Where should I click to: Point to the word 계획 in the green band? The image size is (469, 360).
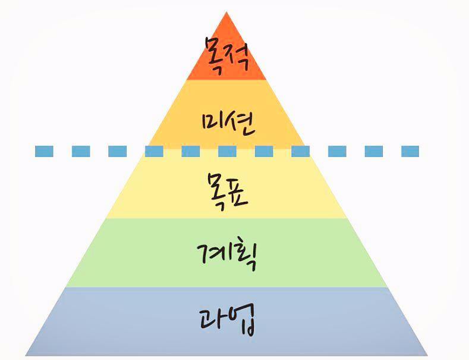pyautogui.click(x=228, y=255)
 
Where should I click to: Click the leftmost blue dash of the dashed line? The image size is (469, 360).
pyautogui.click(x=44, y=151)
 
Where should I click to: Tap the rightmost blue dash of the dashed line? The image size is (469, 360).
pyautogui.click(x=410, y=151)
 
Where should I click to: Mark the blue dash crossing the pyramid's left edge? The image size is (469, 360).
pyautogui.click(x=154, y=151)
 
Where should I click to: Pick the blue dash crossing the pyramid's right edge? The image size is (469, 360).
pyautogui.click(x=300, y=151)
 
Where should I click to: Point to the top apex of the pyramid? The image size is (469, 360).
pyautogui.click(x=226, y=12)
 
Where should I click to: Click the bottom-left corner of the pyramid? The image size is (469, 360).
pyautogui.click(x=26, y=355)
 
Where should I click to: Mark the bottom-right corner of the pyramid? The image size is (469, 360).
pyautogui.click(x=427, y=355)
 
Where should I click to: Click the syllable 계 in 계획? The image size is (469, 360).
pyautogui.click(x=212, y=255)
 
